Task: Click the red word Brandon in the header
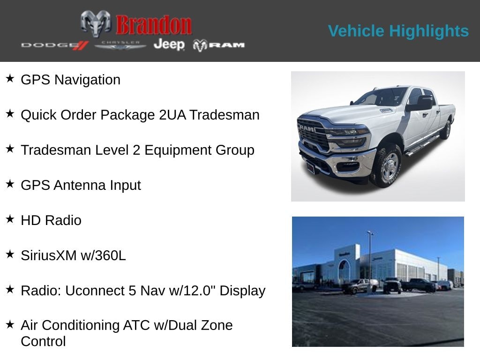click(x=154, y=25)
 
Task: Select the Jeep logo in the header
click(x=169, y=44)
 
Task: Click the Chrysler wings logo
click(x=120, y=45)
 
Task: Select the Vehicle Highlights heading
click(x=398, y=31)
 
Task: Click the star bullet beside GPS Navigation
click(x=10, y=78)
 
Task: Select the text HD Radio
click(x=51, y=220)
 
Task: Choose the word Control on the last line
click(x=43, y=341)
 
